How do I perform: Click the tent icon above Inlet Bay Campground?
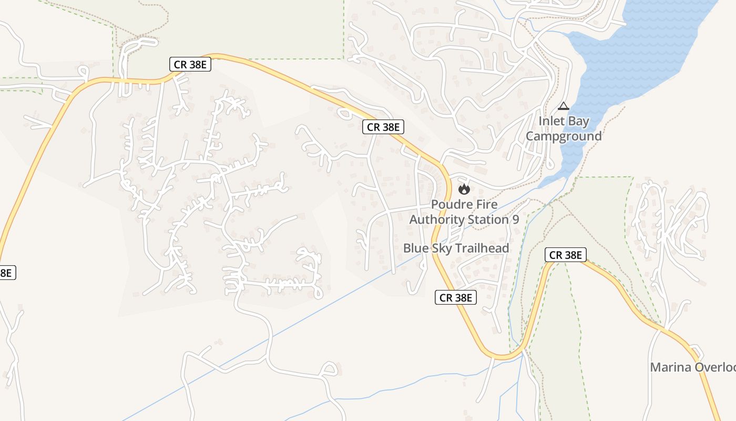click(x=564, y=106)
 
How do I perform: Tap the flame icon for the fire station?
click(x=464, y=188)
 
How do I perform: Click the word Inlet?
click(x=550, y=122)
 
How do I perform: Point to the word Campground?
click(x=564, y=136)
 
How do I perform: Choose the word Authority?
click(x=434, y=219)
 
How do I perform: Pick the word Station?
click(x=487, y=219)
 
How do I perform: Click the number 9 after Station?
click(x=515, y=219)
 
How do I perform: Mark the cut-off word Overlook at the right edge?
click(x=715, y=367)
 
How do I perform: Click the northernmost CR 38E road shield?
click(x=190, y=65)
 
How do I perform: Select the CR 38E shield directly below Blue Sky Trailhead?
click(x=456, y=298)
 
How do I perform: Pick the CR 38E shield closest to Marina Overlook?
click(x=565, y=255)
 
